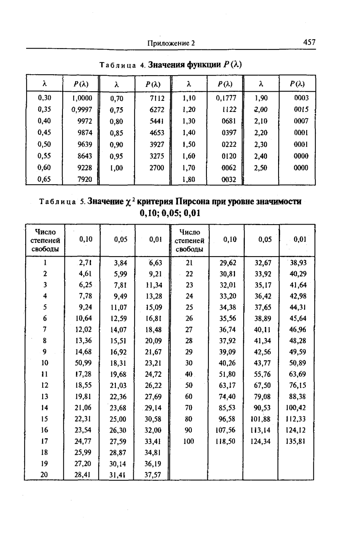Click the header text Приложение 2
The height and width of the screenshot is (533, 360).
click(171, 43)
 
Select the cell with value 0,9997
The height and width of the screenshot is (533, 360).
click(82, 109)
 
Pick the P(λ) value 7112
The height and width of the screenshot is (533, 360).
click(157, 98)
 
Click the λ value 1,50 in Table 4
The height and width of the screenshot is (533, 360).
click(189, 144)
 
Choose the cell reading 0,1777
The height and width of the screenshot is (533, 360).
click(226, 98)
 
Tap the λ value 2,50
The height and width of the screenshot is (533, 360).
click(261, 168)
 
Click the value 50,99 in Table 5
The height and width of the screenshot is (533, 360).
click(83, 363)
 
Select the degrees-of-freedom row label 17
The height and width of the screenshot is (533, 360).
click(45, 441)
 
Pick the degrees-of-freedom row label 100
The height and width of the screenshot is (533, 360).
click(189, 441)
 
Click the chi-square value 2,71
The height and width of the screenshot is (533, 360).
click(85, 262)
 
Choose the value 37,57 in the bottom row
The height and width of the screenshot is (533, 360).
click(153, 474)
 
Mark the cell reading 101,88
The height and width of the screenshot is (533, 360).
click(260, 419)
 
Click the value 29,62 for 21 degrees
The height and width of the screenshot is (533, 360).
click(228, 262)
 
